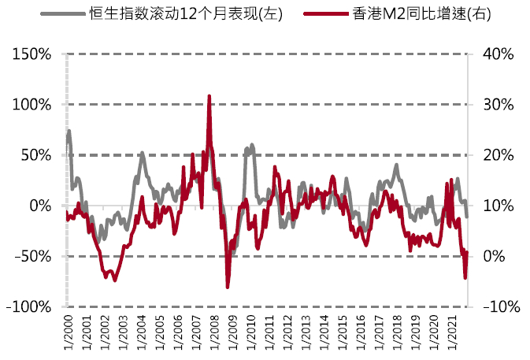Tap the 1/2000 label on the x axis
(x=68, y=332)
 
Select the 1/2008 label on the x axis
(x=213, y=332)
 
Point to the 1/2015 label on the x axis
(x=341, y=332)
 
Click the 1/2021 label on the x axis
(x=450, y=332)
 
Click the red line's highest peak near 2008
(x=209, y=96)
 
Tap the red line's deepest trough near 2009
(x=228, y=287)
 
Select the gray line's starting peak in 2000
(x=69, y=132)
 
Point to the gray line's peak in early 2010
(x=252, y=145)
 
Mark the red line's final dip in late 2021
(x=465, y=277)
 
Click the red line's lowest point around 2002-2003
(x=114, y=280)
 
